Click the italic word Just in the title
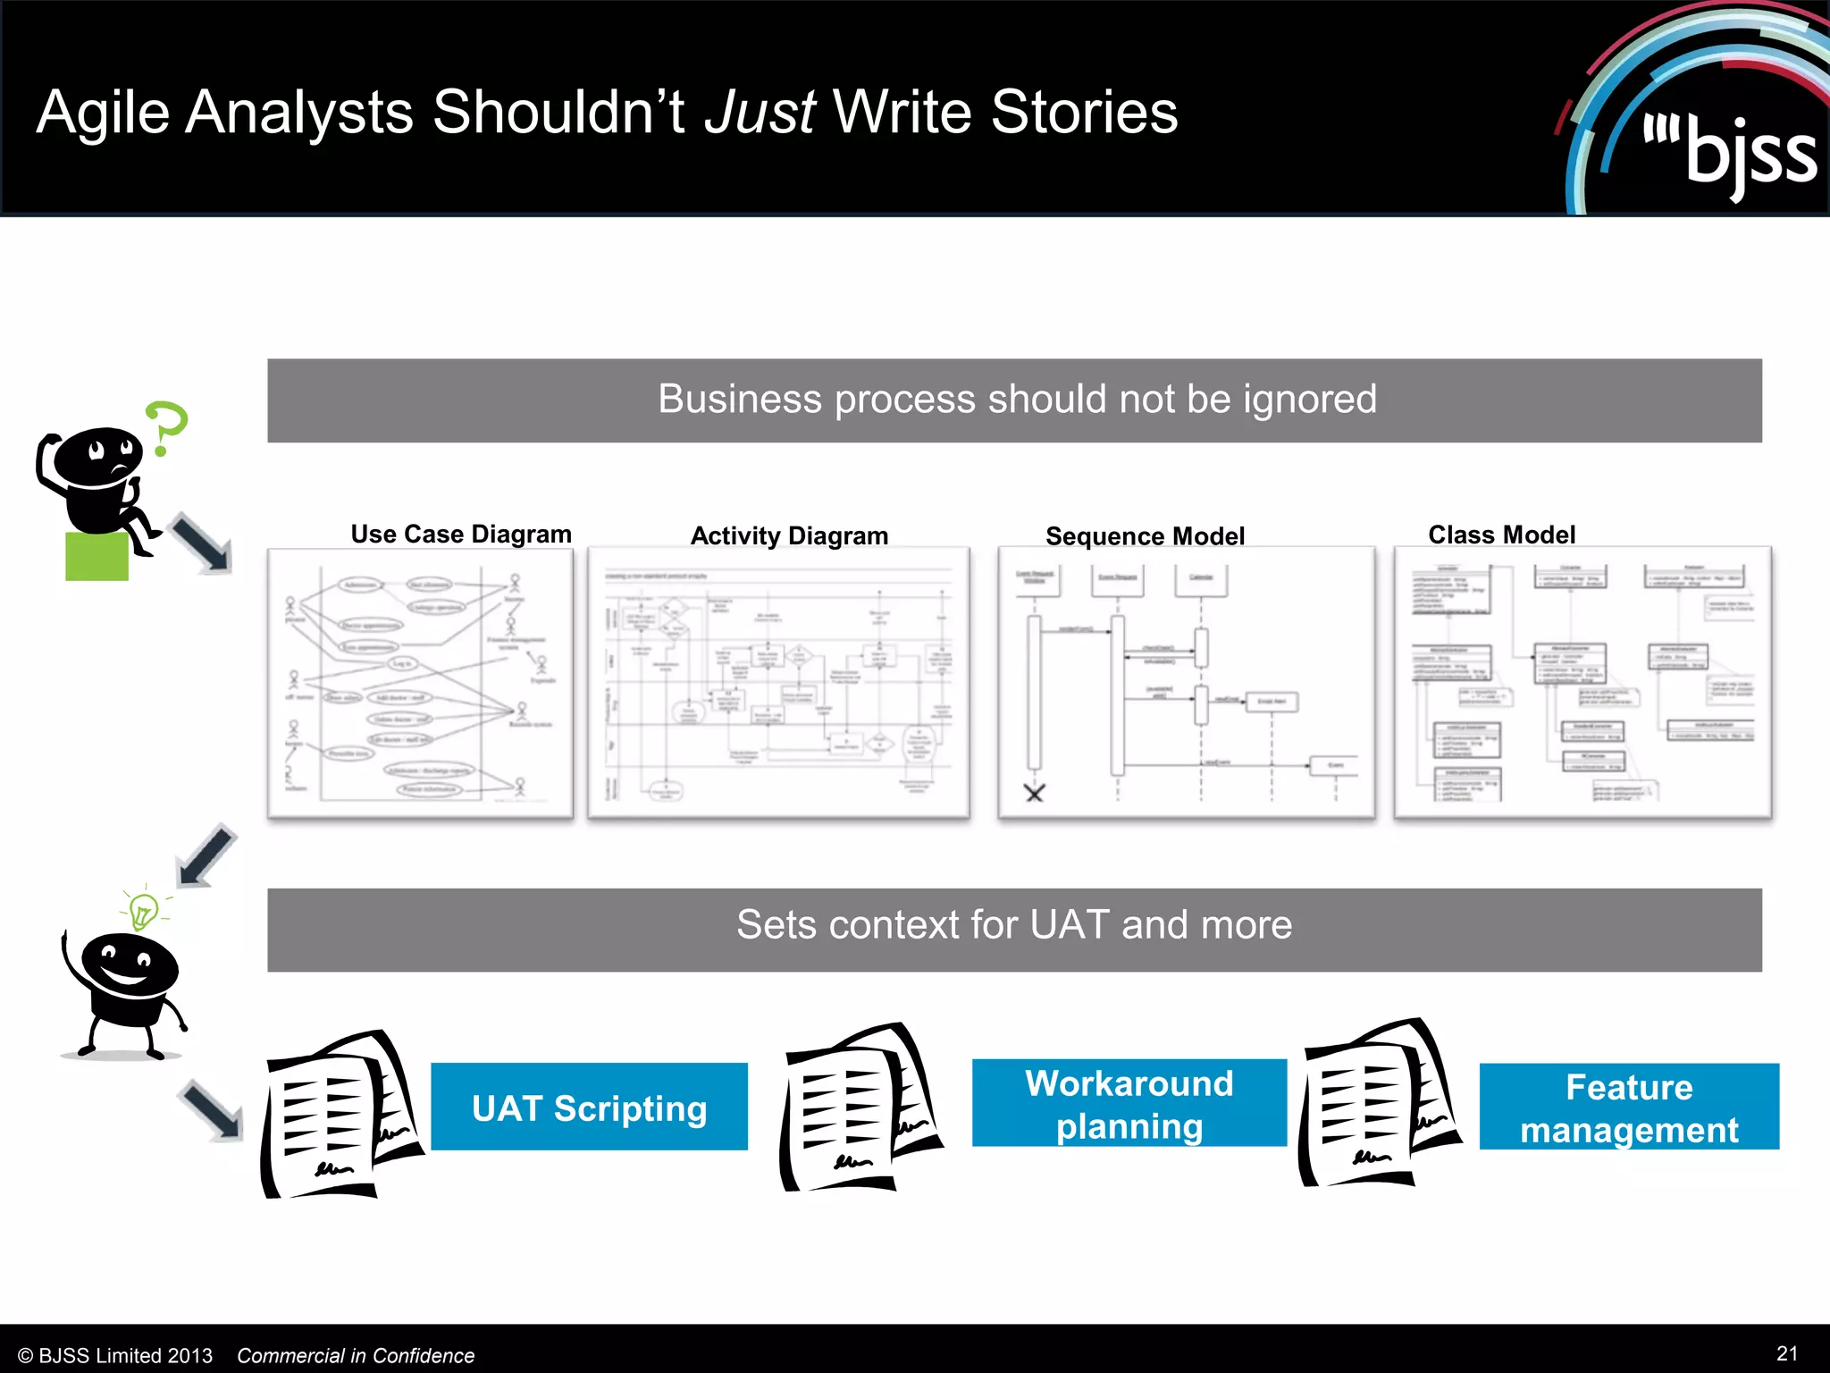(759, 113)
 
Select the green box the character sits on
(97, 556)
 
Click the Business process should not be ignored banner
(1014, 400)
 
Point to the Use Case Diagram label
(460, 534)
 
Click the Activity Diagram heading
(789, 535)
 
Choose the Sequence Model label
(1145, 536)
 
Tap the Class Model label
(1501, 535)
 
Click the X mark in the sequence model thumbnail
(1034, 793)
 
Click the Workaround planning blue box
(1129, 1104)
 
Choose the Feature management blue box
(1628, 1108)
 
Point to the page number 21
(1786, 1352)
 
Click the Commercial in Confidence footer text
(356, 1355)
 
